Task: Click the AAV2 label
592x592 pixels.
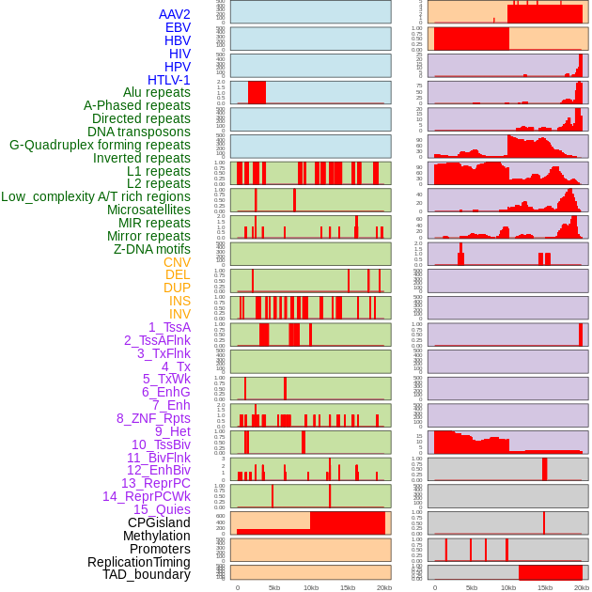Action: [174, 14]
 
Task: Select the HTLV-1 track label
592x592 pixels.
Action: [168, 80]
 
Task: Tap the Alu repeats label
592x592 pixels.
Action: [156, 92]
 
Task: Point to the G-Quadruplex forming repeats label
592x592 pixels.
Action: [100, 145]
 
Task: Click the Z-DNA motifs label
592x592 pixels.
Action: [151, 249]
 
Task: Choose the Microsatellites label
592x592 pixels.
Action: [148, 210]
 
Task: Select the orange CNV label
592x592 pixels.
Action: [177, 262]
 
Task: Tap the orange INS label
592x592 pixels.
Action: [179, 301]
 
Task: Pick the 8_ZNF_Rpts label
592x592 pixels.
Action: [153, 418]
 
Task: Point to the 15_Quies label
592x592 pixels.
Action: [162, 509]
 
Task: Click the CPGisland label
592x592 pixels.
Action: [159, 522]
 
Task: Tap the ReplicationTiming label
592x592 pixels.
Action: [138, 562]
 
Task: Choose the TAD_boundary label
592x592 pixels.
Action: [146, 574]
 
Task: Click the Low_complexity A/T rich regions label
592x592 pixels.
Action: [96, 196]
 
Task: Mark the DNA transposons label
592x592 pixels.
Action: [139, 132]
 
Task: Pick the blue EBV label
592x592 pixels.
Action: [178, 27]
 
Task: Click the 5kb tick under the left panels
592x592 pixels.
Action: [274, 587]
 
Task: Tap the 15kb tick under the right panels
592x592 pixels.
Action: [545, 587]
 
